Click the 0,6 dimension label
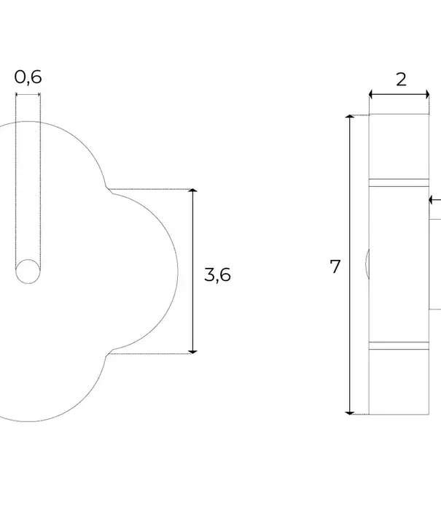coord(28,77)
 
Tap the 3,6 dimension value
coord(217,274)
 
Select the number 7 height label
coord(335,266)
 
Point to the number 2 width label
coord(401,80)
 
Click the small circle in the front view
coord(28,272)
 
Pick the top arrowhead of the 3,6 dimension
coord(192,191)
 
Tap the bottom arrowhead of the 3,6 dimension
coord(192,352)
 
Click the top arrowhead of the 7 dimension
coord(350,116)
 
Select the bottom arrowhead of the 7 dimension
coord(350,413)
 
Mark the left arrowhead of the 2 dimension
coord(371,95)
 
